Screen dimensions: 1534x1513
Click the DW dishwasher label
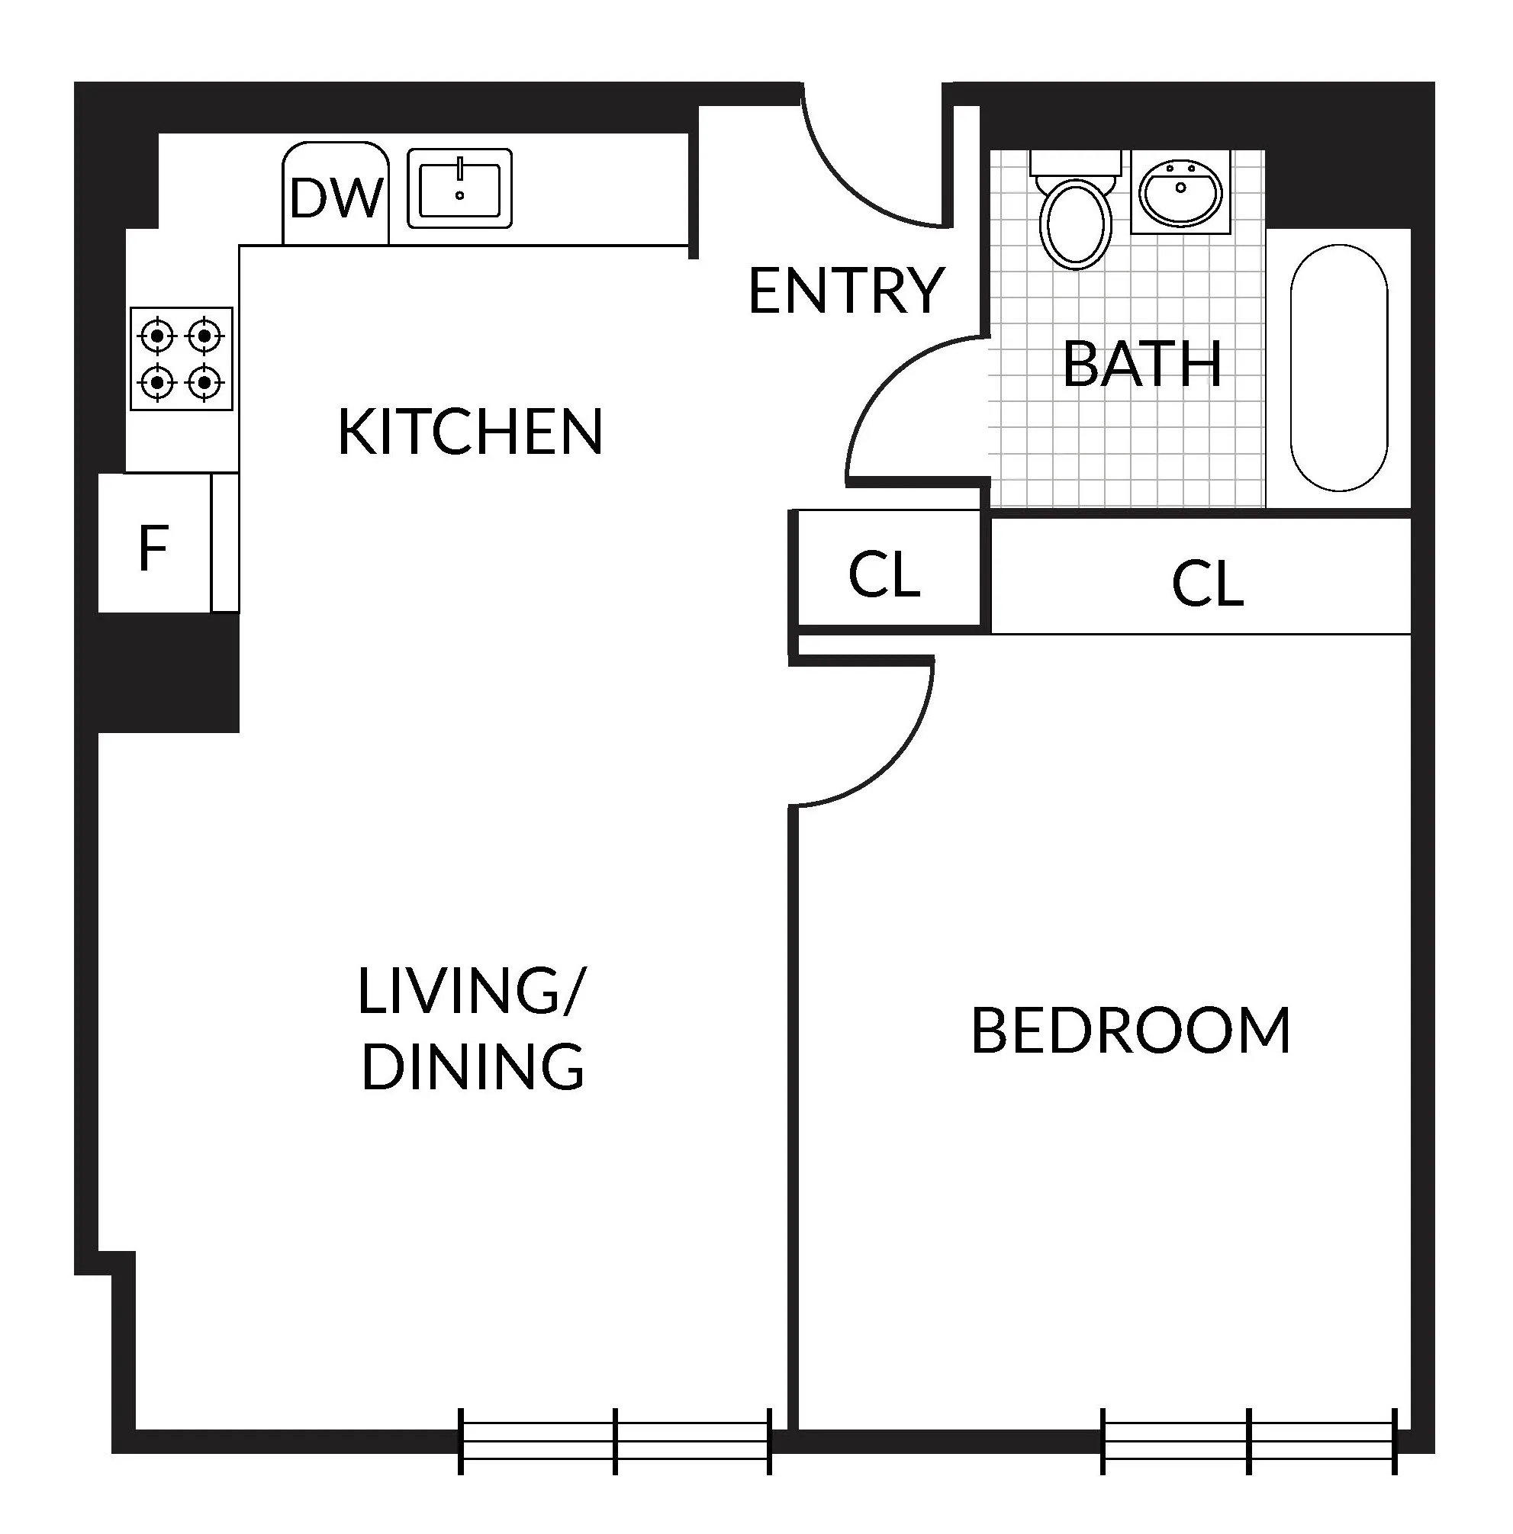pos(335,198)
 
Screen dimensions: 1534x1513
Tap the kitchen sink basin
pos(459,188)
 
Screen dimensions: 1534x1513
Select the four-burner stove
pos(181,359)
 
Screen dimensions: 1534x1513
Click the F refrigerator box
pos(153,548)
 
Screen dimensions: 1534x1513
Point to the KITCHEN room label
pos(470,432)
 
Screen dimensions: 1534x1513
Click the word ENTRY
pos(845,291)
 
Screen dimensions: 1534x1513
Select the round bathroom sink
pos(1180,193)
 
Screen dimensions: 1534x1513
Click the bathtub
pos(1338,368)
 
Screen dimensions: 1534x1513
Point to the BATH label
pos(1141,365)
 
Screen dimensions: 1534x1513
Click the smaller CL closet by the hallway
pos(884,574)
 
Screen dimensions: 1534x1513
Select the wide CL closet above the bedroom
pos(1206,584)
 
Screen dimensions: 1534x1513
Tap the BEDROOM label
pos(1130,1031)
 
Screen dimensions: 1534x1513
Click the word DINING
pos(472,1066)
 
